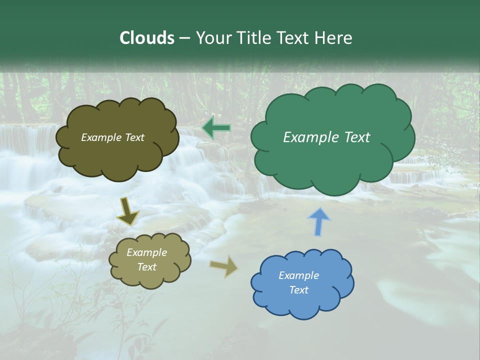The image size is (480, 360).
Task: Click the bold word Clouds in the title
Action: tap(146, 38)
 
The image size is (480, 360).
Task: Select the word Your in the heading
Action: tap(213, 38)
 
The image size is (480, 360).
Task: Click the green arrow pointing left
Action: tap(216, 128)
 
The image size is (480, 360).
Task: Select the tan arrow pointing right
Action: tap(224, 266)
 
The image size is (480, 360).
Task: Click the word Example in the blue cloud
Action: tap(298, 275)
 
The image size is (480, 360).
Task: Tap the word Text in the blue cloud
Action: tap(298, 290)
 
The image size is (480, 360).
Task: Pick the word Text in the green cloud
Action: tap(357, 137)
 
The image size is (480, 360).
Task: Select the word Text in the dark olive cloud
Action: tap(134, 137)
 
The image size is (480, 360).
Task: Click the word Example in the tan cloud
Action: tap(146, 252)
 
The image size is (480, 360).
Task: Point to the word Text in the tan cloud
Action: tap(146, 267)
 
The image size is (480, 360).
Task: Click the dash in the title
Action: tap(184, 38)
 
